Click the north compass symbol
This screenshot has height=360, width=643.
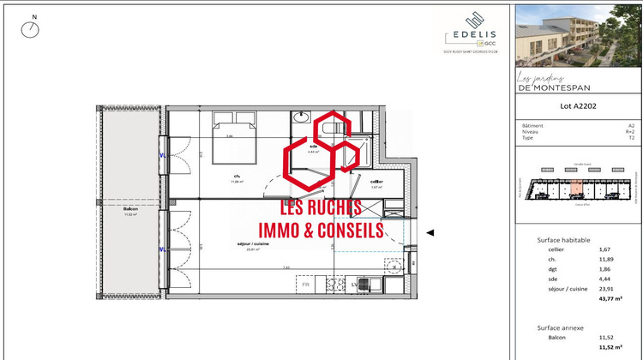pos(32,29)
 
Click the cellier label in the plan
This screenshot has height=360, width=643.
pos(376,183)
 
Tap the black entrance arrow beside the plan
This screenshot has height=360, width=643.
pos(430,232)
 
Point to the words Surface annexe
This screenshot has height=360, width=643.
pos(562,327)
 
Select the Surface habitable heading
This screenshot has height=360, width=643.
pos(563,240)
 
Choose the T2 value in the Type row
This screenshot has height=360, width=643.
pos(631,137)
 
